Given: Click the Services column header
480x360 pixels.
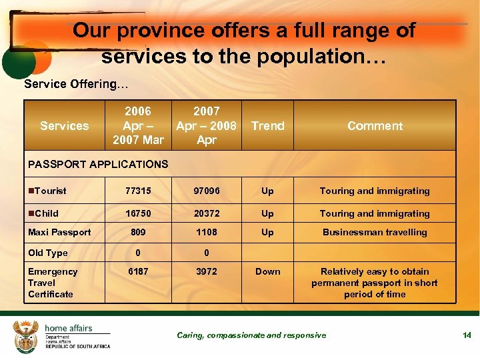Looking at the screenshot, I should click(x=64, y=126).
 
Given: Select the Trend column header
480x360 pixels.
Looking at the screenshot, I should click(x=268, y=126).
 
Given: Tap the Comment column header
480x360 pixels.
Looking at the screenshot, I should click(x=375, y=126).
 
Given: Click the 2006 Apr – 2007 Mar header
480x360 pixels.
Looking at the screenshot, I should click(x=138, y=125).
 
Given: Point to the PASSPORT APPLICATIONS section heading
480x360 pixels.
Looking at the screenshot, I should click(x=98, y=164).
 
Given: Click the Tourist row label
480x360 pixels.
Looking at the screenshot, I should click(x=50, y=191).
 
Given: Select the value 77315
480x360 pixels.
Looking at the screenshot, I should click(x=138, y=191).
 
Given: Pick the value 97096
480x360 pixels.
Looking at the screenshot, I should click(x=207, y=191).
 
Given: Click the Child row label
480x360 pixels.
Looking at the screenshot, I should click(x=46, y=214).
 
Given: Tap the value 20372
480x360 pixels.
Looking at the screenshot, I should click(x=207, y=214).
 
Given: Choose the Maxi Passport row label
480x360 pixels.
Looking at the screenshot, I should click(x=59, y=233).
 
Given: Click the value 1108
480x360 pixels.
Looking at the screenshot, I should click(x=207, y=233).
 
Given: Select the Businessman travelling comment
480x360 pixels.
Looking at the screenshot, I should click(x=375, y=233).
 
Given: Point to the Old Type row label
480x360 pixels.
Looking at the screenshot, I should click(x=47, y=253).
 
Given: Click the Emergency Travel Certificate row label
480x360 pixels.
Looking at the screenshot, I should click(x=53, y=283).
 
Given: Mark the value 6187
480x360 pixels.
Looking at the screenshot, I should click(x=138, y=272).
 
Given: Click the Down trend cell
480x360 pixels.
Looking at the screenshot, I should click(x=268, y=272).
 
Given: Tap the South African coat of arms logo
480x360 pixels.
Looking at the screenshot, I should click(x=27, y=335).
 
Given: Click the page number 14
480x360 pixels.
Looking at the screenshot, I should click(x=467, y=335).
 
